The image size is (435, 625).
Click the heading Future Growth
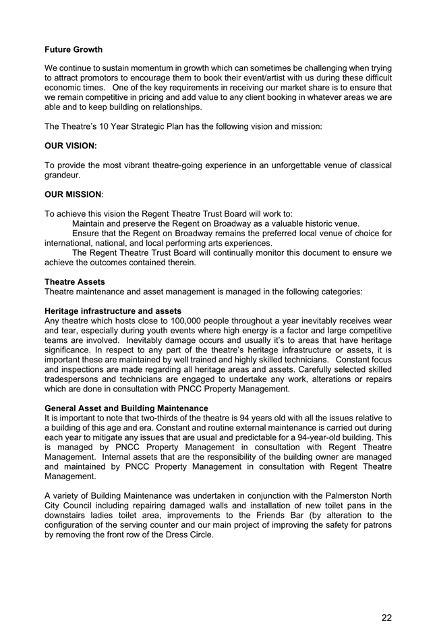coord(74,49)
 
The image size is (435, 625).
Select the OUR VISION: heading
coord(71,145)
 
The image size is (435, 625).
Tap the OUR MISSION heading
coord(74,194)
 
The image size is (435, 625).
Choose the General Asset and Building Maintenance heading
coord(126,408)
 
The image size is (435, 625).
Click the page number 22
coord(386,598)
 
